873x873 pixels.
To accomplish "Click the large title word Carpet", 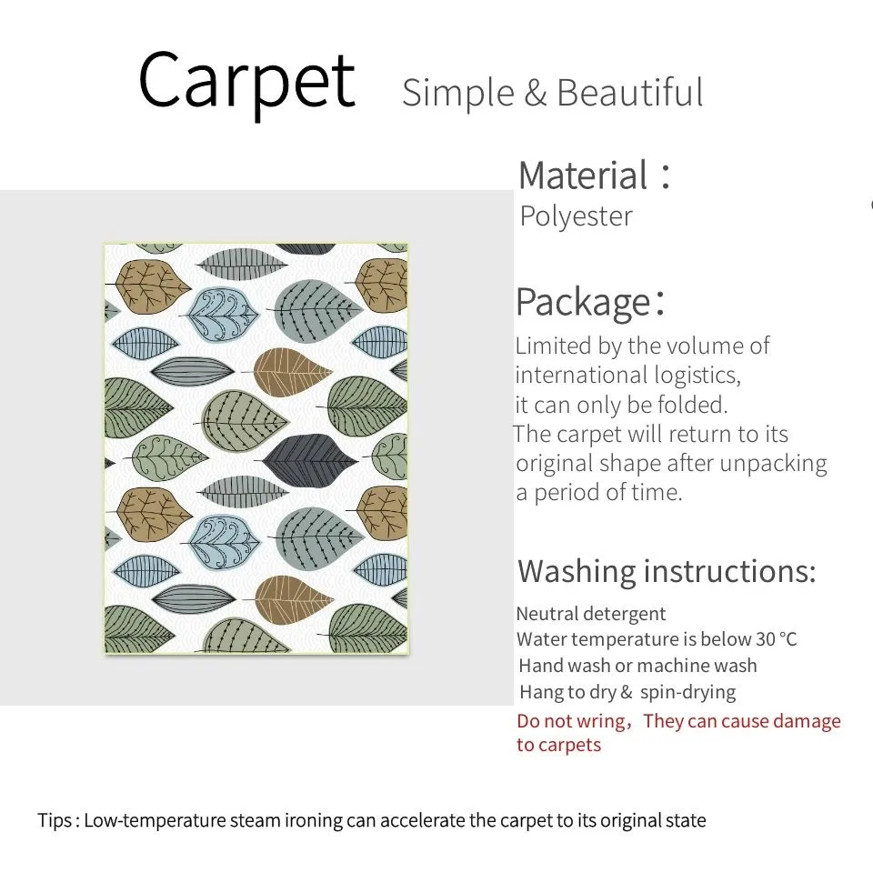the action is pyautogui.click(x=246, y=83).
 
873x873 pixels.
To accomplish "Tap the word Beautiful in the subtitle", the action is pyautogui.click(x=629, y=93).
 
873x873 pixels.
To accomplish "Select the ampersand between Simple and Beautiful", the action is pyautogui.click(x=536, y=93).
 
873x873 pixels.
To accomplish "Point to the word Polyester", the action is pyautogui.click(x=577, y=216).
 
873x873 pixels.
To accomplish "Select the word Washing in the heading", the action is pyautogui.click(x=577, y=572).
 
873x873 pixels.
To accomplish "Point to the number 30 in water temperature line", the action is pyautogui.click(x=766, y=639).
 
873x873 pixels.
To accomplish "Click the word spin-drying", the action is pyautogui.click(x=688, y=693).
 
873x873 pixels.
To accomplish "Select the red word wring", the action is pyautogui.click(x=601, y=721).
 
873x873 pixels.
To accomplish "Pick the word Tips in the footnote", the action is pyautogui.click(x=55, y=820).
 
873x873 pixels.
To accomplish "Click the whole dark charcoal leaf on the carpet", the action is pyautogui.click(x=309, y=460).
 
